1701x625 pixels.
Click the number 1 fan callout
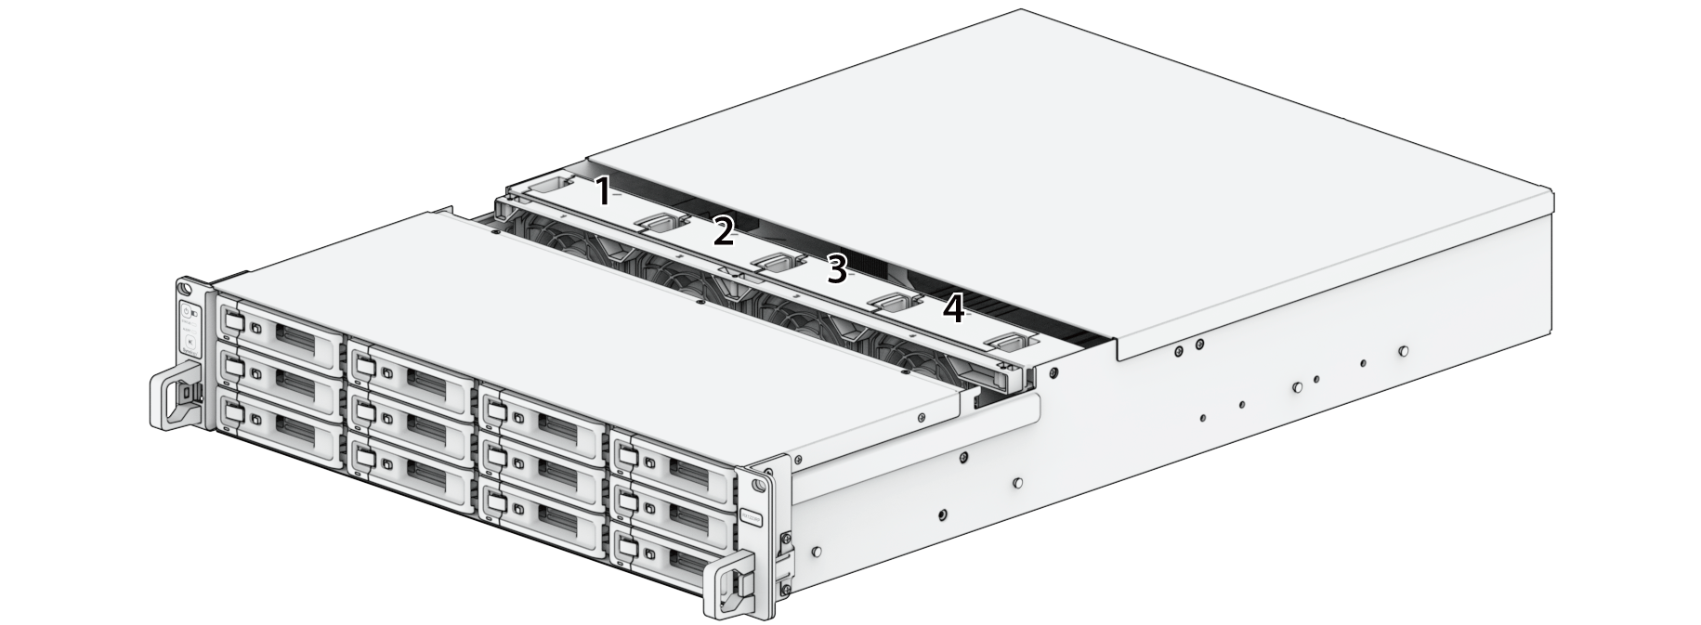(x=602, y=191)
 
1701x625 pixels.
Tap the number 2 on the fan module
(x=723, y=230)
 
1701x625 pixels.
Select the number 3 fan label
(x=837, y=270)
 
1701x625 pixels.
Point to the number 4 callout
(x=953, y=308)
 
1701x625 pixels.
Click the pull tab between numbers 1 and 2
(x=660, y=222)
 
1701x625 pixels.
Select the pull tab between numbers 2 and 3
(x=776, y=263)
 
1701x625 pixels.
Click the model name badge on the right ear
(x=751, y=516)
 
